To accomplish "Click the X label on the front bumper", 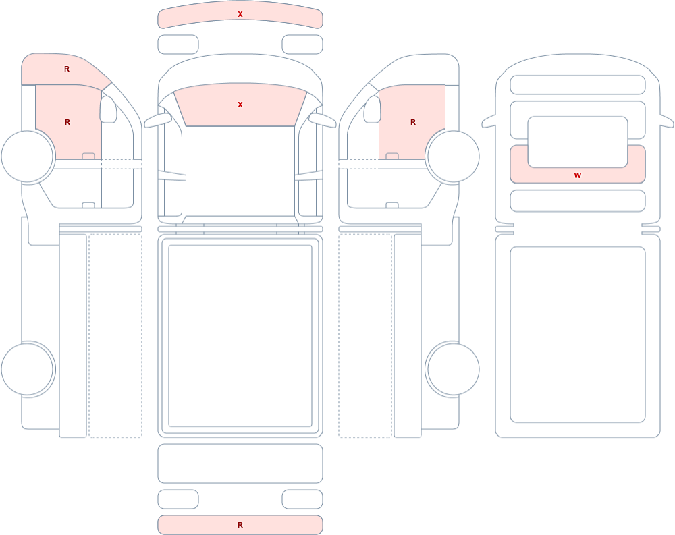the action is [240, 14].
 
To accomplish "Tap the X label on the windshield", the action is [240, 105].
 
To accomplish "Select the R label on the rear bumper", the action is [240, 525].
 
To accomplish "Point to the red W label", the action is [578, 175].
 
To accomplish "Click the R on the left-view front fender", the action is [67, 69].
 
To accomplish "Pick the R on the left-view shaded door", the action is [67, 122].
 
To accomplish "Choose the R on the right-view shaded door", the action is [413, 122].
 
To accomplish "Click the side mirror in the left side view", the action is [108, 109].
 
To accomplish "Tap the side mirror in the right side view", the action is [373, 109].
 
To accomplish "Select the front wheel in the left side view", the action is [28, 157].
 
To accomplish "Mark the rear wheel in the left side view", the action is [28, 369].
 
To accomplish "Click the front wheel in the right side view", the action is [452, 157].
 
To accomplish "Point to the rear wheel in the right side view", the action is [452, 369].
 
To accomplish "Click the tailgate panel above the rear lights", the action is [240, 463].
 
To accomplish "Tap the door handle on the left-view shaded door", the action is [88, 156].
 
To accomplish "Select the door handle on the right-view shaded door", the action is [392, 156].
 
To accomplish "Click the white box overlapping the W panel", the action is [578, 142].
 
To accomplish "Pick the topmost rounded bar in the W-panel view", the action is [578, 85].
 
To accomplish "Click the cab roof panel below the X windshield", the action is [240, 171].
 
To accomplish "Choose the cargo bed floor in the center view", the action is [240, 336].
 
